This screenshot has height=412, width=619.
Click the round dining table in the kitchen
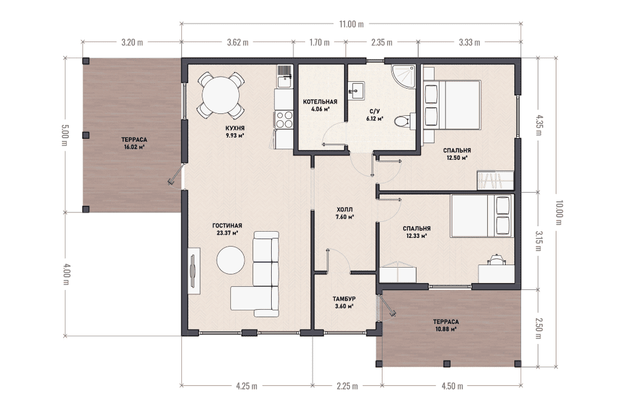[221, 95]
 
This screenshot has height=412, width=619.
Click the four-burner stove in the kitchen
[284, 120]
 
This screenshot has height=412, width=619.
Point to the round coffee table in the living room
[230, 260]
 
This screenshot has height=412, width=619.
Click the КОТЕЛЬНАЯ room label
[320, 102]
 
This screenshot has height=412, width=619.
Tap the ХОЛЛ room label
[344, 209]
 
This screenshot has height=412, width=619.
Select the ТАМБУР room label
[344, 299]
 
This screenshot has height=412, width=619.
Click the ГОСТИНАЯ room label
[227, 226]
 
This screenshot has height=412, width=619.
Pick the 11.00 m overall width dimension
[352, 24]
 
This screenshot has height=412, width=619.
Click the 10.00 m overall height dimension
[558, 213]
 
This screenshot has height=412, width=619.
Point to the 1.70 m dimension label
[319, 42]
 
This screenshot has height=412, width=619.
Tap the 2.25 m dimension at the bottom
[347, 386]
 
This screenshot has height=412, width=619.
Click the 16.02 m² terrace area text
[134, 147]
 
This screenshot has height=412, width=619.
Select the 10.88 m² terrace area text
[446, 329]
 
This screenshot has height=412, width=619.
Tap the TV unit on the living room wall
[193, 271]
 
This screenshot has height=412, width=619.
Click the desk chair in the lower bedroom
[496, 260]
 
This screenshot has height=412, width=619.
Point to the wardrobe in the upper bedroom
[495, 180]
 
